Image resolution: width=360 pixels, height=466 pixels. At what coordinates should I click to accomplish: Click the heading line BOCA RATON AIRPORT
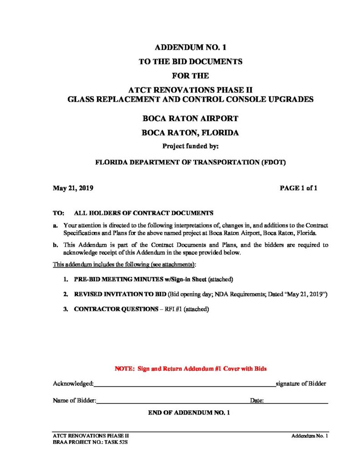pos(190,119)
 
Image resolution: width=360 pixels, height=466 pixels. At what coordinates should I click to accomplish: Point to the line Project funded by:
pos(190,147)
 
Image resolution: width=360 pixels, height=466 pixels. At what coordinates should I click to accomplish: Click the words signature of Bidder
pos(301,384)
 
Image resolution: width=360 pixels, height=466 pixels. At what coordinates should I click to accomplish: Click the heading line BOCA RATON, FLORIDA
pos(190,133)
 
